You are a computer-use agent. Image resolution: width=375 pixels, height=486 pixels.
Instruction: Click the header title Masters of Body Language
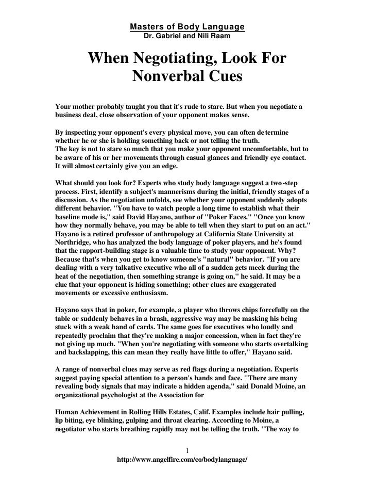187,26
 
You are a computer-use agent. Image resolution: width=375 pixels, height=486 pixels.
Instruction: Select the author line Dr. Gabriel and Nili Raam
187,37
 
